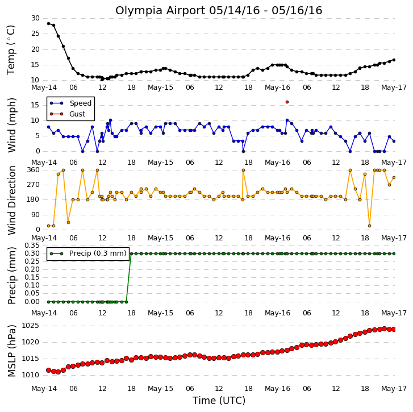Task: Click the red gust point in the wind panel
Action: tap(287, 102)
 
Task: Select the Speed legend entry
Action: tap(70, 103)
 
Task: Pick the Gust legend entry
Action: tap(68, 114)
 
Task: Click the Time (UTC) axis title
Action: tap(219, 401)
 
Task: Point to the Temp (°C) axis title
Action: tap(11, 50)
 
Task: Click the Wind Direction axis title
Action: tap(11, 201)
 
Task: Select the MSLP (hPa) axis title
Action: tap(11, 351)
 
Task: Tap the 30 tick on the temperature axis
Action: tap(35, 18)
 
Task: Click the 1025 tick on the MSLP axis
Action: tap(30, 326)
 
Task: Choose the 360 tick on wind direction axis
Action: tap(33, 170)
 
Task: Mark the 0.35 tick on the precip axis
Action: tap(32, 245)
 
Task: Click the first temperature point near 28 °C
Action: tap(48, 23)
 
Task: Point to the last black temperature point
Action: tap(394, 60)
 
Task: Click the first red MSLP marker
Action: tap(48, 370)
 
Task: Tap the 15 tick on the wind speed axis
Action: tap(35, 105)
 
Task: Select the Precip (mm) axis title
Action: tap(11, 276)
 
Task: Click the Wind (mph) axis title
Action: tap(11, 125)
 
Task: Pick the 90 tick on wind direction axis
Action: tap(35, 215)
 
